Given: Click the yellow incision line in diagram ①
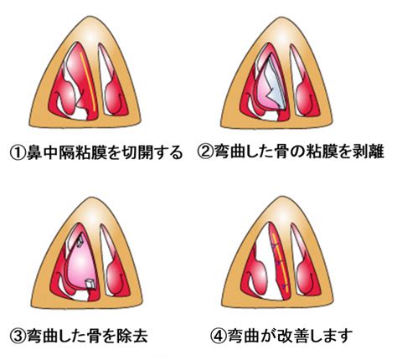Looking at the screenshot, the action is pyautogui.click(x=88, y=81).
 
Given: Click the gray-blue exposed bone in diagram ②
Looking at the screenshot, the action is pyautogui.click(x=275, y=84).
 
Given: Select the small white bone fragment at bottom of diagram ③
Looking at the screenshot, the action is pyautogui.click(x=90, y=284).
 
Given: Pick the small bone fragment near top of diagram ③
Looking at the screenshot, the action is pyautogui.click(x=80, y=243).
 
